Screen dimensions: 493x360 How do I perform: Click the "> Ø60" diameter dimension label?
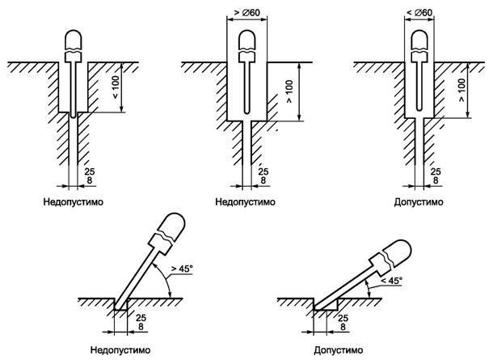point(247,13)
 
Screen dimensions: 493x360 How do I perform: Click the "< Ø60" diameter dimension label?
point(419,13)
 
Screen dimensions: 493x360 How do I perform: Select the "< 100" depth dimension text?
point(116,87)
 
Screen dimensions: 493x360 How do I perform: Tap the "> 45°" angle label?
point(182,269)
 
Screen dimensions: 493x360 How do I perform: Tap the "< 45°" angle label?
point(391,281)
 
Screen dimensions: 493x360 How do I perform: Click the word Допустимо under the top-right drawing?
point(419,202)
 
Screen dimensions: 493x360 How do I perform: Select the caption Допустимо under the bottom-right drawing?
point(339,350)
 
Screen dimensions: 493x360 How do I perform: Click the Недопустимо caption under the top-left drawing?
point(74,201)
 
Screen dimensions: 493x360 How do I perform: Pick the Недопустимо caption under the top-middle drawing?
point(245,201)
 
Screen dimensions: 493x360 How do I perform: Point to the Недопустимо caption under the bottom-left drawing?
point(120,349)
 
